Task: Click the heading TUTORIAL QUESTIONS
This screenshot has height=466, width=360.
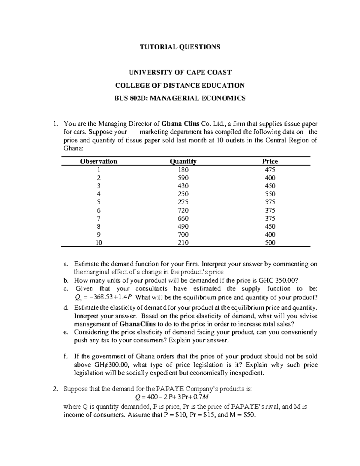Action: click(180, 47)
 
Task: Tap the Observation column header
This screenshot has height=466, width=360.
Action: click(99, 161)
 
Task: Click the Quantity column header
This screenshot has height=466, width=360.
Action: click(183, 161)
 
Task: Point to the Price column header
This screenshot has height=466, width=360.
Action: click(270, 161)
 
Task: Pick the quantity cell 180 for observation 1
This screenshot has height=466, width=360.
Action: click(183, 170)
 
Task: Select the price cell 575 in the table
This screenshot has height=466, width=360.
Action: click(270, 202)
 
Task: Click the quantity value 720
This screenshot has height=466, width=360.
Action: click(183, 210)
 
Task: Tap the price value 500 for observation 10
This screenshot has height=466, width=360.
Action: click(270, 243)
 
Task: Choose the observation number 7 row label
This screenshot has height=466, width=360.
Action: click(99, 218)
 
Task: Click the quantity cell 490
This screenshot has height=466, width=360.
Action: click(183, 227)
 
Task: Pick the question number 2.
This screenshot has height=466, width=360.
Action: click(55, 389)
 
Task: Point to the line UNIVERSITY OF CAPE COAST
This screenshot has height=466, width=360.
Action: click(180, 72)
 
